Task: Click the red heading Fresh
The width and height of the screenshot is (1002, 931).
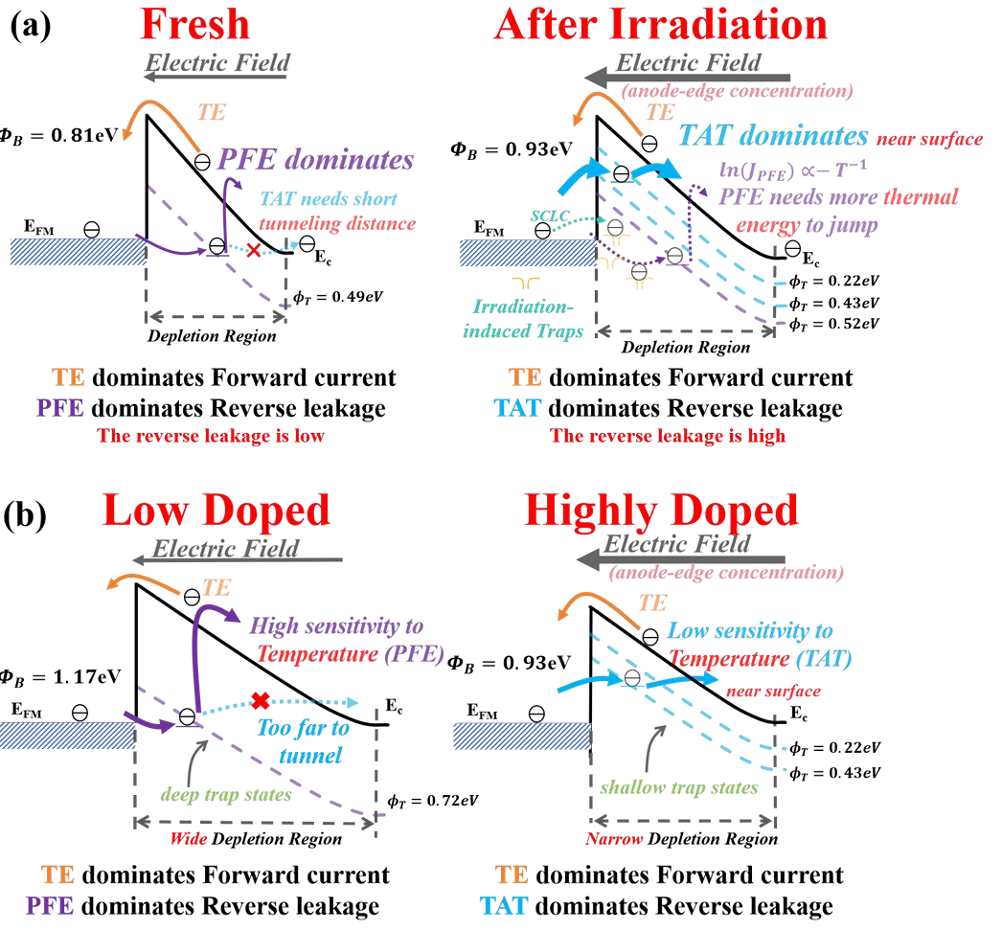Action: pos(194,24)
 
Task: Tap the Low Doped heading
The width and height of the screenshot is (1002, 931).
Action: pos(216,511)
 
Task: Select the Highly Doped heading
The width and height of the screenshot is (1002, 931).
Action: pos(661,511)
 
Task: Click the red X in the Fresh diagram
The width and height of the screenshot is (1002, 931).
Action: pos(254,250)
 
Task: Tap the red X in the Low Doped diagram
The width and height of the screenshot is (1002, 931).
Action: pos(261,700)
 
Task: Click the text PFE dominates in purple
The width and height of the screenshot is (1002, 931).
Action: pos(316,160)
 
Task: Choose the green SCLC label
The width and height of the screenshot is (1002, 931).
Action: pos(550,216)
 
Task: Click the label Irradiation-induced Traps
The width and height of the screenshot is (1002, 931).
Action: pos(523,319)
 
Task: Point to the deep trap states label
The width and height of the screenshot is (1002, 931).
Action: pos(225,794)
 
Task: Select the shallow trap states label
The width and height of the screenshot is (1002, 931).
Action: pos(678,787)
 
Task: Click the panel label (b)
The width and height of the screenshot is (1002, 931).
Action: pos(25,515)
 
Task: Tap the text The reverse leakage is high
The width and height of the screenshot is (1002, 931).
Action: pos(668,436)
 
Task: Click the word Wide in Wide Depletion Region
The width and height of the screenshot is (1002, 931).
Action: pos(188,838)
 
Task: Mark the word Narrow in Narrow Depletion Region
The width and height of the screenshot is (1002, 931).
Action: pos(613,838)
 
